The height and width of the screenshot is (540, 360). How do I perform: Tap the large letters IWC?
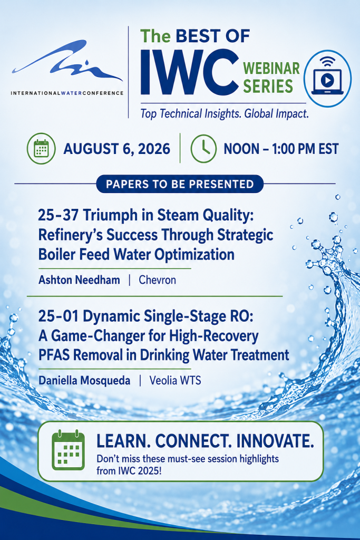(x=189, y=73)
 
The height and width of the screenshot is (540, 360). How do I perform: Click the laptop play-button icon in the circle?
(x=327, y=79)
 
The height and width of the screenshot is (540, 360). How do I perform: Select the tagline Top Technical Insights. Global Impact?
(x=225, y=114)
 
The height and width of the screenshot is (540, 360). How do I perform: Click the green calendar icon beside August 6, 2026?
(x=41, y=148)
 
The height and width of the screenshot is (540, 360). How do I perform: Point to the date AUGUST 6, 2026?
(x=117, y=149)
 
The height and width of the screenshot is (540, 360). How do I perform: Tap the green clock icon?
(x=203, y=148)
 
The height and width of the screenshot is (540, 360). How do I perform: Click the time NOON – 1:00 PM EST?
(x=281, y=149)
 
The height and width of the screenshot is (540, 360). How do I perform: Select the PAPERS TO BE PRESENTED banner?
(x=180, y=184)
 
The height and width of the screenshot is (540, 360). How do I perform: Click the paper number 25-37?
(x=58, y=215)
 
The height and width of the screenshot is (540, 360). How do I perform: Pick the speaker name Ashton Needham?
(x=79, y=279)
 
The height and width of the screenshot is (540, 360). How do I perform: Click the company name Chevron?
(x=157, y=279)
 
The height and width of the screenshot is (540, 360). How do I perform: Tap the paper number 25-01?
(x=58, y=316)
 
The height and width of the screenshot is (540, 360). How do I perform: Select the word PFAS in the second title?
(x=54, y=355)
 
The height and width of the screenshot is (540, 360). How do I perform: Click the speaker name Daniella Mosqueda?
(x=84, y=381)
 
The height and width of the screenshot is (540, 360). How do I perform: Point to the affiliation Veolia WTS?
(x=175, y=381)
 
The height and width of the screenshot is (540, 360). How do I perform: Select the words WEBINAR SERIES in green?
(x=271, y=77)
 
